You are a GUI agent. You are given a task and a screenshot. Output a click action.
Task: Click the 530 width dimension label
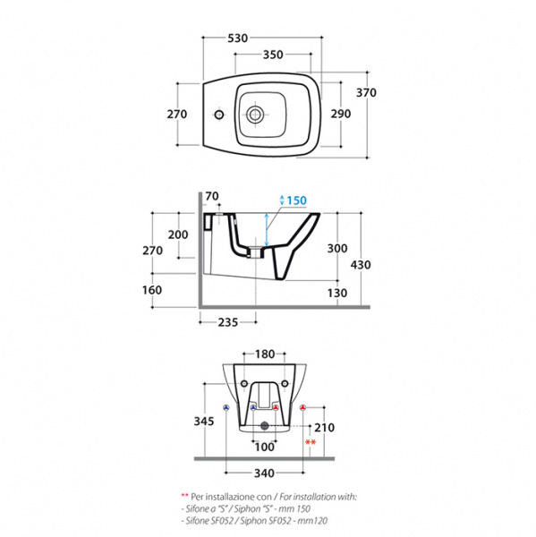point(238,38)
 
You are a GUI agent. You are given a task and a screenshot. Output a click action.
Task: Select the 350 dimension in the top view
point(273,55)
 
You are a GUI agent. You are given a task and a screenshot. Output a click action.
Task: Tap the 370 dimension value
point(366,92)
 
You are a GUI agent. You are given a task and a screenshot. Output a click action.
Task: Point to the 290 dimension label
point(341,114)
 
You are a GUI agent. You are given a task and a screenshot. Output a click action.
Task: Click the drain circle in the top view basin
point(255,114)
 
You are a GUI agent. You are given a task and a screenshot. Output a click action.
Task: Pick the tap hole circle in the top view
point(219,114)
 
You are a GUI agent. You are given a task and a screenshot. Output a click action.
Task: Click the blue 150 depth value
point(296,200)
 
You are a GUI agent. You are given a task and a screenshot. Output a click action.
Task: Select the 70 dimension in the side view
point(212,196)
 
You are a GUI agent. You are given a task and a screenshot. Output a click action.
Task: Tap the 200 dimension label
point(178,234)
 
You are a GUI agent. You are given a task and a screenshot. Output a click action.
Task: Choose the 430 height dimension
point(361,265)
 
